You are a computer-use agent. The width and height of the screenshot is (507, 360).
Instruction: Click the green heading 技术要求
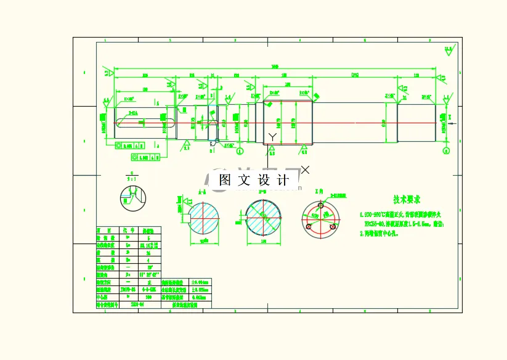(407, 200)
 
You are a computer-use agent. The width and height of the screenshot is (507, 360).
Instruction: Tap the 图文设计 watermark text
(254, 181)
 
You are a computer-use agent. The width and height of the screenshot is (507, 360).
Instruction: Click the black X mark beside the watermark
(305, 169)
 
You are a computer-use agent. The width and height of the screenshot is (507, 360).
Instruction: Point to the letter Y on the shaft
(272, 136)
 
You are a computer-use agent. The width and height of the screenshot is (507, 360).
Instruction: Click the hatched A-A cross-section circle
(204, 219)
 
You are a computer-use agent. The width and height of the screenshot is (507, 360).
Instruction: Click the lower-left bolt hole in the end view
(309, 227)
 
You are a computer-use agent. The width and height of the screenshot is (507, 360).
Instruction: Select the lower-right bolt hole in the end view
(333, 227)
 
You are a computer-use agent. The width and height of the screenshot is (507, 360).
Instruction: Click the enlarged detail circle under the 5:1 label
(132, 197)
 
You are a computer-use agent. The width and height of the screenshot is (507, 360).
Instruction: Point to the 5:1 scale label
(131, 178)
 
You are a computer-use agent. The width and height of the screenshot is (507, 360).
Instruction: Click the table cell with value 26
(148, 252)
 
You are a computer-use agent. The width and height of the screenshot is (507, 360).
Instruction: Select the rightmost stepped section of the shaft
(416, 121)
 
